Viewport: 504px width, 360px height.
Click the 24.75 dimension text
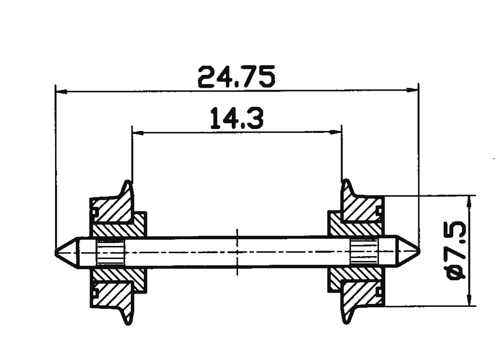click(x=236, y=77)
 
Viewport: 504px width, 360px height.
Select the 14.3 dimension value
click(x=237, y=119)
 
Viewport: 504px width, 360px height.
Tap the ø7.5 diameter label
click(x=456, y=251)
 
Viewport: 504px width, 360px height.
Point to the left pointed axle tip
click(x=57, y=252)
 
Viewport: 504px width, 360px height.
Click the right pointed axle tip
click(x=417, y=252)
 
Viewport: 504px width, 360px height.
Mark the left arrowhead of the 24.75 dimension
click(x=60, y=91)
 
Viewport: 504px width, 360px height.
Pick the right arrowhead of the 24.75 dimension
click(x=414, y=91)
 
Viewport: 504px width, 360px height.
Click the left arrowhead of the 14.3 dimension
click(x=136, y=132)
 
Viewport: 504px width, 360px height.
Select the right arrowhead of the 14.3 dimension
click(x=338, y=132)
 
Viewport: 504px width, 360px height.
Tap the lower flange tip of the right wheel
click(x=346, y=321)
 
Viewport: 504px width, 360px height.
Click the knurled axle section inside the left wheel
click(x=110, y=253)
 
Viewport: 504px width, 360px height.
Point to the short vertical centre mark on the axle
click(x=237, y=252)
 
